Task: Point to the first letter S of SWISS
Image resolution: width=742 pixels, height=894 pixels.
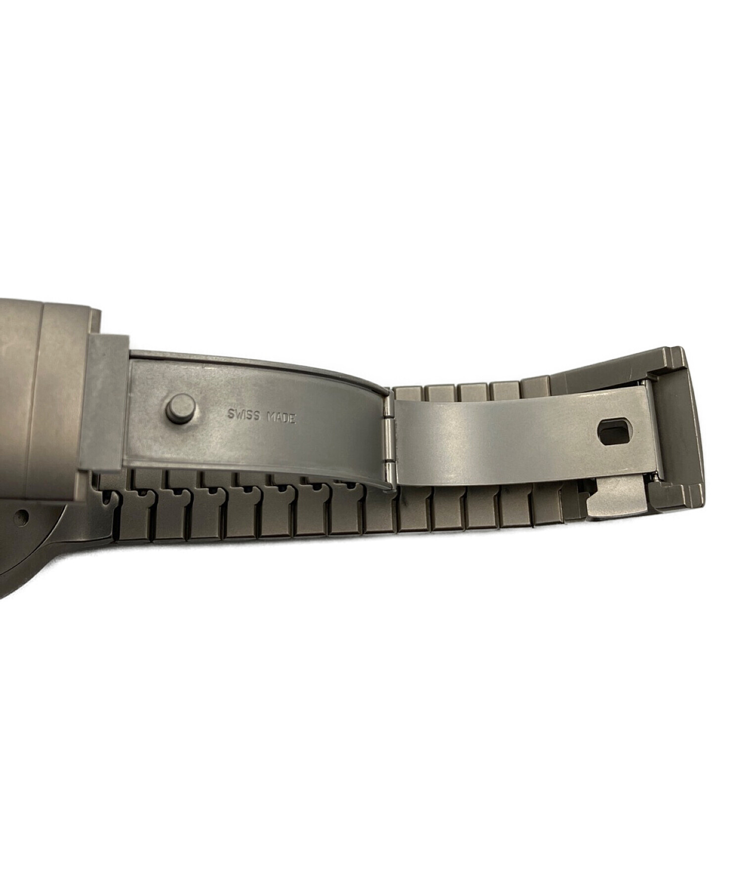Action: [x=230, y=414]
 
